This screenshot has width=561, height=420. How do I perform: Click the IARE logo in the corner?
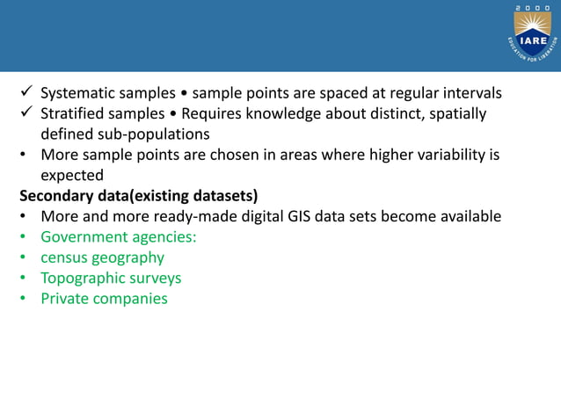click(x=534, y=35)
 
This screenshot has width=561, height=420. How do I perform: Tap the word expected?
click(x=72, y=176)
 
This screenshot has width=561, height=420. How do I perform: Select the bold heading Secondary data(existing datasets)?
click(x=138, y=195)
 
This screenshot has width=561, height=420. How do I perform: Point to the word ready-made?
click(x=200, y=216)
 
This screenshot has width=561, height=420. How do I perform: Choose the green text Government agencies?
click(x=119, y=236)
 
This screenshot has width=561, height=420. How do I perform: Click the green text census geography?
click(x=102, y=257)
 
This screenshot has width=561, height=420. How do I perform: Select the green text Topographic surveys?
click(x=111, y=278)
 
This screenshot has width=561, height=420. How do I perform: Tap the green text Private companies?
click(x=104, y=299)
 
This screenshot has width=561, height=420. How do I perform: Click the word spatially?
click(x=454, y=114)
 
